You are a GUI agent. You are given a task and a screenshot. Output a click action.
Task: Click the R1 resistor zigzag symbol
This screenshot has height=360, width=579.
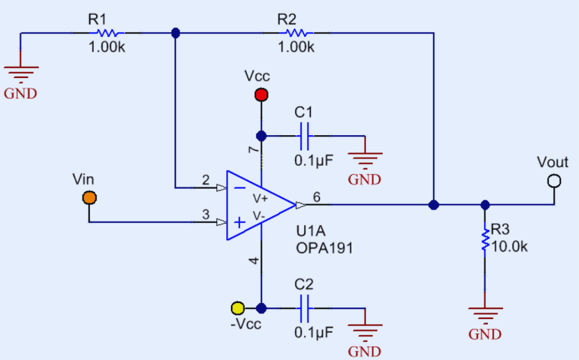(109, 32)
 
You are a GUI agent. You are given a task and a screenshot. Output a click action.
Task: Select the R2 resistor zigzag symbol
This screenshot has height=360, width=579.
(297, 32)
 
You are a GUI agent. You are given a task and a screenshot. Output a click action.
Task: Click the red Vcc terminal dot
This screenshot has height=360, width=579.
(262, 94)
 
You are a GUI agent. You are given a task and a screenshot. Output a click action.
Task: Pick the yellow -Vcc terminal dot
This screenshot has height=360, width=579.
(238, 308)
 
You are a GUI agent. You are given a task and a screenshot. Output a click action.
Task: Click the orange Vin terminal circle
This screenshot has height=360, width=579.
(89, 198)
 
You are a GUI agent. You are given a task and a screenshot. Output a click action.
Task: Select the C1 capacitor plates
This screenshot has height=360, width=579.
(304, 136)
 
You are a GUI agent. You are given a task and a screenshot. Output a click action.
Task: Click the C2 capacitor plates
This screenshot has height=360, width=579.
(304, 308)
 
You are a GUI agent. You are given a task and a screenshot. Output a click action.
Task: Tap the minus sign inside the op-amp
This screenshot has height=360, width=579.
(239, 187)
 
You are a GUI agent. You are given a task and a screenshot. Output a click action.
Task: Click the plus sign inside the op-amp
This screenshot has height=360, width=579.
(239, 223)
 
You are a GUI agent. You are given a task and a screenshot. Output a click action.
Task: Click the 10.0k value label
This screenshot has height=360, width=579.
(511, 246)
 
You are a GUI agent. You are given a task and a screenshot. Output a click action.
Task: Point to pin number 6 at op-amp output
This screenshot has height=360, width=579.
(316, 197)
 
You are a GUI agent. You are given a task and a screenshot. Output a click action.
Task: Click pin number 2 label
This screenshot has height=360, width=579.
(205, 180)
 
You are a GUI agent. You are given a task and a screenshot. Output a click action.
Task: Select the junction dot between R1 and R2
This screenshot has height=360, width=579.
(175, 32)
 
